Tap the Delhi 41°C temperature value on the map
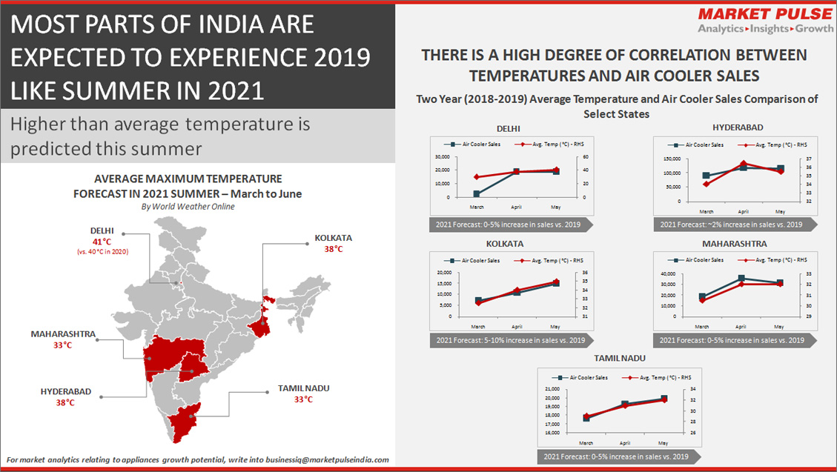[101, 242]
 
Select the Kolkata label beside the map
[333, 238]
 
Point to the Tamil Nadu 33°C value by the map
[303, 400]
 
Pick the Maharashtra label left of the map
[63, 334]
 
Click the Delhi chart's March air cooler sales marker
[477, 194]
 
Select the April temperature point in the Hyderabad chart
[744, 164]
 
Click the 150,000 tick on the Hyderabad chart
[671, 159]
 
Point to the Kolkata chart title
[505, 243]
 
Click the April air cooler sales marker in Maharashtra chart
[741, 279]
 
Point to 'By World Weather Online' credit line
[188, 207]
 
